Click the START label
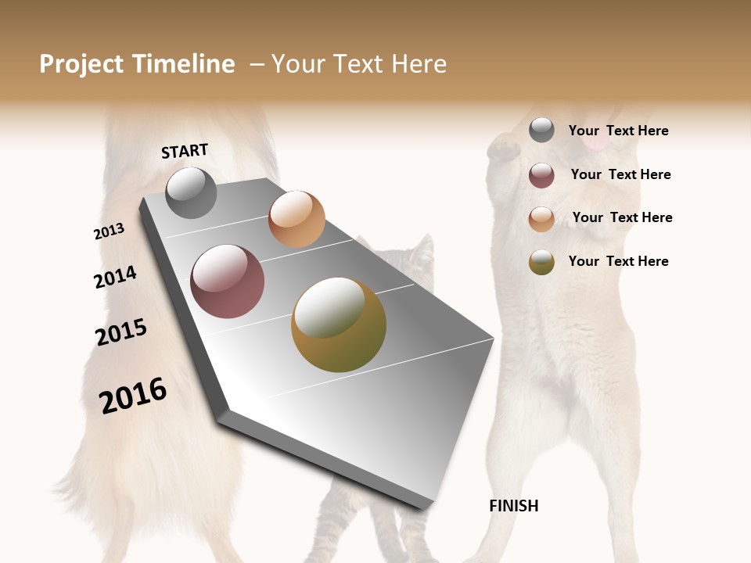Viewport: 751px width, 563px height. [185, 151]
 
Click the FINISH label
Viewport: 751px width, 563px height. [514, 506]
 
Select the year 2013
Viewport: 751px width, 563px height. [109, 231]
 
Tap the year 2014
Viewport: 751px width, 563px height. [115, 278]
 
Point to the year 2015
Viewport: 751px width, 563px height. [121, 332]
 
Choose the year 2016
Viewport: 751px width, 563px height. [133, 396]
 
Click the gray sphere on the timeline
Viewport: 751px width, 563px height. [191, 192]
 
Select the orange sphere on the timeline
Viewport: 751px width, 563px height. [296, 219]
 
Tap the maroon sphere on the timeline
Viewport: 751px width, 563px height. [227, 281]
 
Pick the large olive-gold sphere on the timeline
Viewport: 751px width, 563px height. [339, 325]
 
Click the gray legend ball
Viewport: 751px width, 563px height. [541, 131]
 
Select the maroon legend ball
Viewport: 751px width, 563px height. [541, 175]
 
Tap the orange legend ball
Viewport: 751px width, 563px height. [541, 219]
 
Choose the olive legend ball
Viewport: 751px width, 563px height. [541, 262]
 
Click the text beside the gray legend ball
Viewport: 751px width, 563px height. [618, 131]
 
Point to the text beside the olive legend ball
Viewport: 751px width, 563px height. [618, 261]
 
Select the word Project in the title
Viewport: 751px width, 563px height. [81, 64]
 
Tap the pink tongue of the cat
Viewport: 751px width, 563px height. [596, 144]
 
